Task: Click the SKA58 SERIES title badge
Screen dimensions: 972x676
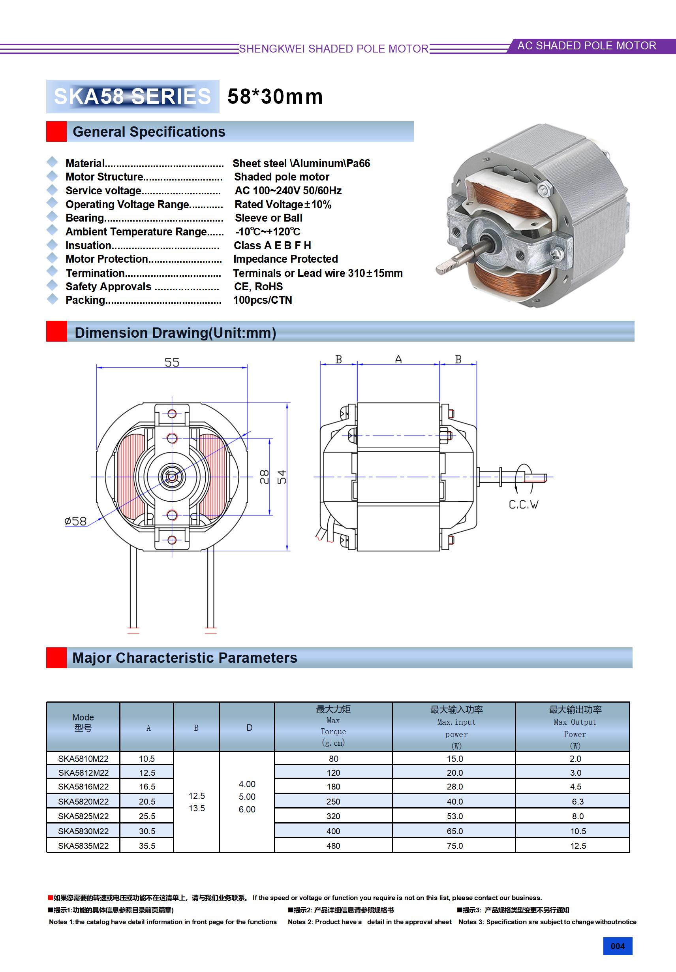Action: coord(133,96)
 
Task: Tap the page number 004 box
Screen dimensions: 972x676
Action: coord(617,946)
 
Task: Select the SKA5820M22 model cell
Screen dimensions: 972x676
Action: coord(83,801)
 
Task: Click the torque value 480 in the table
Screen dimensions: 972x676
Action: coord(333,846)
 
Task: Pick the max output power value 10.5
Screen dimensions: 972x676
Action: coord(578,831)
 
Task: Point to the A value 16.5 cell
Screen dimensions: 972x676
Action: coord(147,787)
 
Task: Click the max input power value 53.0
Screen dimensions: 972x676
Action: coord(454,816)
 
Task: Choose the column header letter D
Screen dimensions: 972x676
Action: coord(249,728)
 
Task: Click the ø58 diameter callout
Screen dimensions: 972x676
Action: coord(75,521)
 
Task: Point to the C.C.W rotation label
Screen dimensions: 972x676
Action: coord(523,505)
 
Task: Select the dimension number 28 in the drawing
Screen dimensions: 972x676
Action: coord(264,477)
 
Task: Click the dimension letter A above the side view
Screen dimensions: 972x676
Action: coord(398,359)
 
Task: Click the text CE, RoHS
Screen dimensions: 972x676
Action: coord(258,287)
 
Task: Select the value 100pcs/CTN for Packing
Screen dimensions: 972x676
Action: coord(263,300)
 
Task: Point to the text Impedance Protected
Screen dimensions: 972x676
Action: coord(285,259)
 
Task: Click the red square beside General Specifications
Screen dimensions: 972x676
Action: coord(56,132)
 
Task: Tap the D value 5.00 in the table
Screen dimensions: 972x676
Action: coord(247,797)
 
